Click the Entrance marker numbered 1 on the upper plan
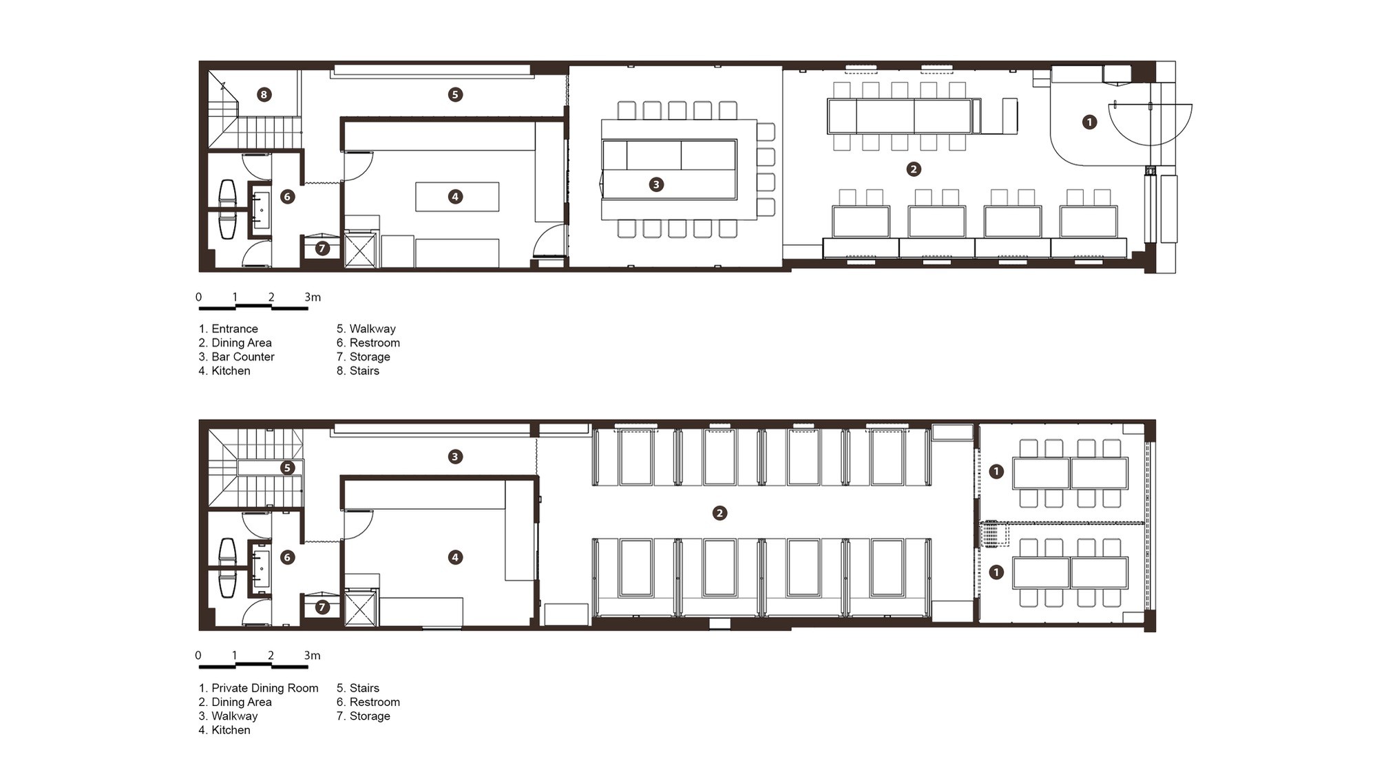(x=1089, y=122)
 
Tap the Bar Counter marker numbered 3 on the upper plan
(x=656, y=184)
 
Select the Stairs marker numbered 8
(x=264, y=94)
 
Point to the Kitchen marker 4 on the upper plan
(x=454, y=197)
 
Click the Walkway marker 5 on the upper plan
(x=454, y=94)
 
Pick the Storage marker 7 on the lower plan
(x=322, y=607)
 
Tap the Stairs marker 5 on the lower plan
(x=287, y=468)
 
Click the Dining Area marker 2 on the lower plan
(x=719, y=513)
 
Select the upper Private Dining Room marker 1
(x=996, y=471)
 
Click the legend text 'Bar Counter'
(x=243, y=356)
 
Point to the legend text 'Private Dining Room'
(x=265, y=688)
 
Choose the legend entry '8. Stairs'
(x=358, y=371)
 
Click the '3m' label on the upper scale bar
(x=313, y=297)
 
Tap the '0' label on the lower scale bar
(x=198, y=656)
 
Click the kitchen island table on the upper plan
(x=457, y=197)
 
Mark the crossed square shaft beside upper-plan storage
(x=360, y=250)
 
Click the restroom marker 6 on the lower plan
(x=287, y=557)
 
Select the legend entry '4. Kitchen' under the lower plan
(x=224, y=730)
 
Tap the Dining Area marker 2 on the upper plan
(x=914, y=169)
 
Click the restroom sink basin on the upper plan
(x=262, y=211)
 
